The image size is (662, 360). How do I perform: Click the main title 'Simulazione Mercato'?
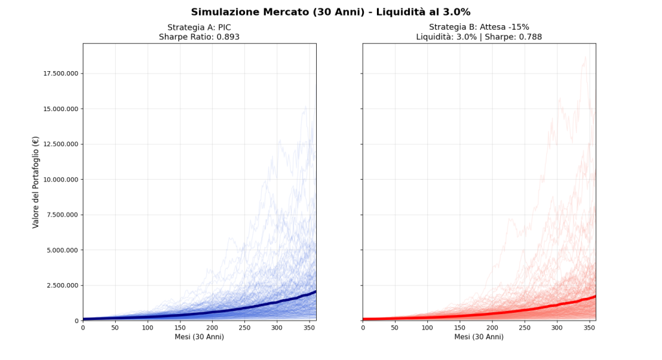click(x=330, y=12)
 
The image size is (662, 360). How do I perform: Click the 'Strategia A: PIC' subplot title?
click(x=199, y=27)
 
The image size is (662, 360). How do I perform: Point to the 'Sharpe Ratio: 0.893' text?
click(x=199, y=37)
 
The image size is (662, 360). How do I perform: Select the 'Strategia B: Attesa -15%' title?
click(x=479, y=27)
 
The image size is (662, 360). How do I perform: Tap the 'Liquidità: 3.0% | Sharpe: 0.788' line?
click(x=479, y=37)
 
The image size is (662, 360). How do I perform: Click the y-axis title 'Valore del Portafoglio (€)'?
click(x=36, y=182)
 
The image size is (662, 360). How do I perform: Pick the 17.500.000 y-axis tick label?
click(x=61, y=74)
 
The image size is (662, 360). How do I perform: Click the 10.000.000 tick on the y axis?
click(x=61, y=180)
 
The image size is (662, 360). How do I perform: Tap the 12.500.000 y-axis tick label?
click(x=61, y=144)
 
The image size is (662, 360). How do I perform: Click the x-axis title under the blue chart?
click(x=199, y=337)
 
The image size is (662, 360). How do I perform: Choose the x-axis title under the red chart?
click(x=479, y=337)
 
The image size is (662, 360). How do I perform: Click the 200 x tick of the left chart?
click(x=212, y=328)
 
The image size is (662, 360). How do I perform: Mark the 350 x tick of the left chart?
click(x=310, y=328)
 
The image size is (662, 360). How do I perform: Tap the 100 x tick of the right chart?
click(x=427, y=328)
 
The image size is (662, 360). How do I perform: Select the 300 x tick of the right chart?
click(x=557, y=328)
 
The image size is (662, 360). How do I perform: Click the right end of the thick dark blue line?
click(x=315, y=291)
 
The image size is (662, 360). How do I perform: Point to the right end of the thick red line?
click(x=595, y=296)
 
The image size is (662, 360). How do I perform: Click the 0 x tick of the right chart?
click(x=363, y=328)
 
